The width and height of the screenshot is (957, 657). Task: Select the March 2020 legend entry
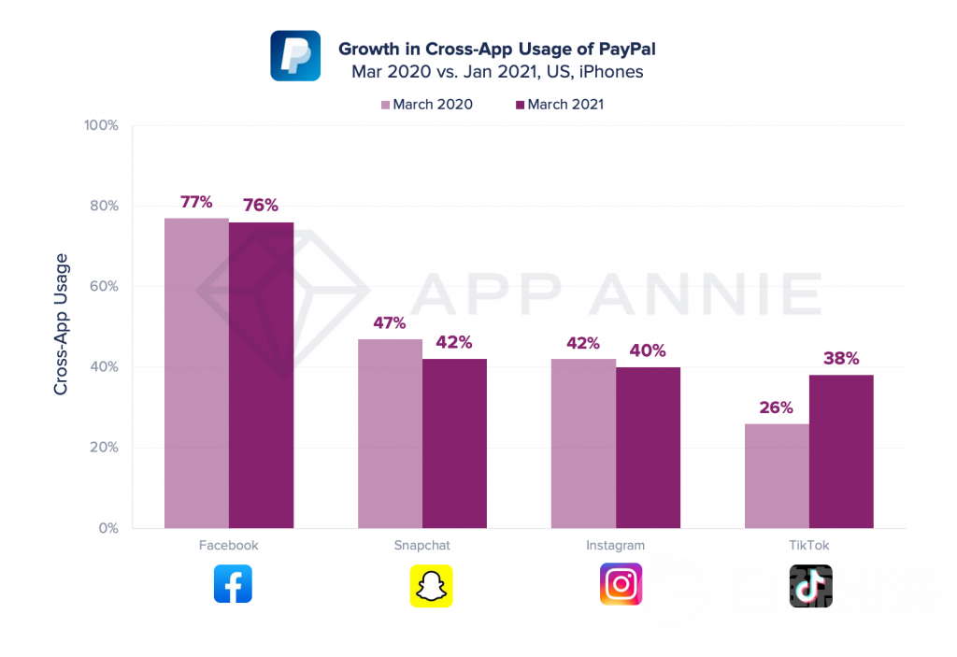click(x=426, y=105)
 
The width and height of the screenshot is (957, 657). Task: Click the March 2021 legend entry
click(x=559, y=105)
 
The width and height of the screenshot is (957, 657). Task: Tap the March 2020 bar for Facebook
click(x=196, y=374)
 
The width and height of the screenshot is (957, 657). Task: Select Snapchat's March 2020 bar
click(x=390, y=434)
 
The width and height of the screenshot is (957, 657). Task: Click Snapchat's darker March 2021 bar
click(x=454, y=444)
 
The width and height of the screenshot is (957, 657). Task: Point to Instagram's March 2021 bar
click(x=648, y=448)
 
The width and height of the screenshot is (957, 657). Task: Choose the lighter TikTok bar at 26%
click(x=777, y=476)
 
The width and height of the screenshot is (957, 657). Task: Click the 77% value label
click(x=197, y=202)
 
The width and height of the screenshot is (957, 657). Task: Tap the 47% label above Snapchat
click(x=390, y=323)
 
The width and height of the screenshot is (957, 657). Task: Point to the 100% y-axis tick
click(x=100, y=125)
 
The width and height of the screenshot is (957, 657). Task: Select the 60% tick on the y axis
click(x=102, y=287)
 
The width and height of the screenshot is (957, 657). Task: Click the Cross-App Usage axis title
click(x=61, y=323)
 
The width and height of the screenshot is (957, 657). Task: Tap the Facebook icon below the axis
click(x=233, y=585)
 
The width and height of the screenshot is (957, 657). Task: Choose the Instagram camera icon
click(x=621, y=585)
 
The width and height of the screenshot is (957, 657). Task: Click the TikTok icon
click(x=810, y=586)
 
